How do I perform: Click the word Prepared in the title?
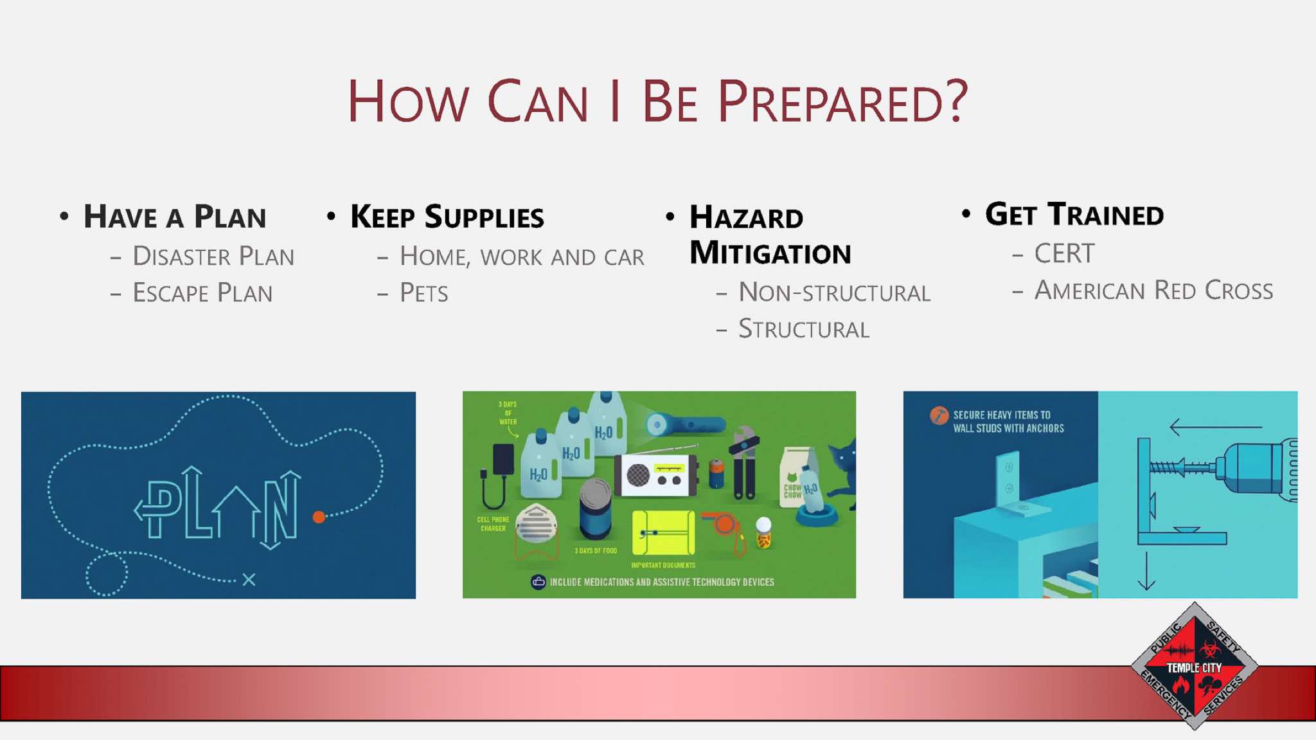842,102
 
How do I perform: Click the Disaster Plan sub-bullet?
213,256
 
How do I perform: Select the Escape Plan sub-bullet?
202,293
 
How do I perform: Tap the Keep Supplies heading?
447,217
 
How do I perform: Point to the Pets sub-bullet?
423,293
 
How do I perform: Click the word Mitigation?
770,253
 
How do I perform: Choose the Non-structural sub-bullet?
834,293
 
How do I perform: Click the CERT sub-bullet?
1064,253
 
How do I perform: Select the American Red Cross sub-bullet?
1153,290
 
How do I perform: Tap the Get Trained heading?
1074,214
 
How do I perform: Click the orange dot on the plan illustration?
319,517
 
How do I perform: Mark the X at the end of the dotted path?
249,580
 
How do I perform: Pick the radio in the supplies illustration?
655,474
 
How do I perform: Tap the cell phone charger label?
493,524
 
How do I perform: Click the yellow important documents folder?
663,533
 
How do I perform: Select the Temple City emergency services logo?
1194,667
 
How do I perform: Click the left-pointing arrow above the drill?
1216,426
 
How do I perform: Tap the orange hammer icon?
939,416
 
